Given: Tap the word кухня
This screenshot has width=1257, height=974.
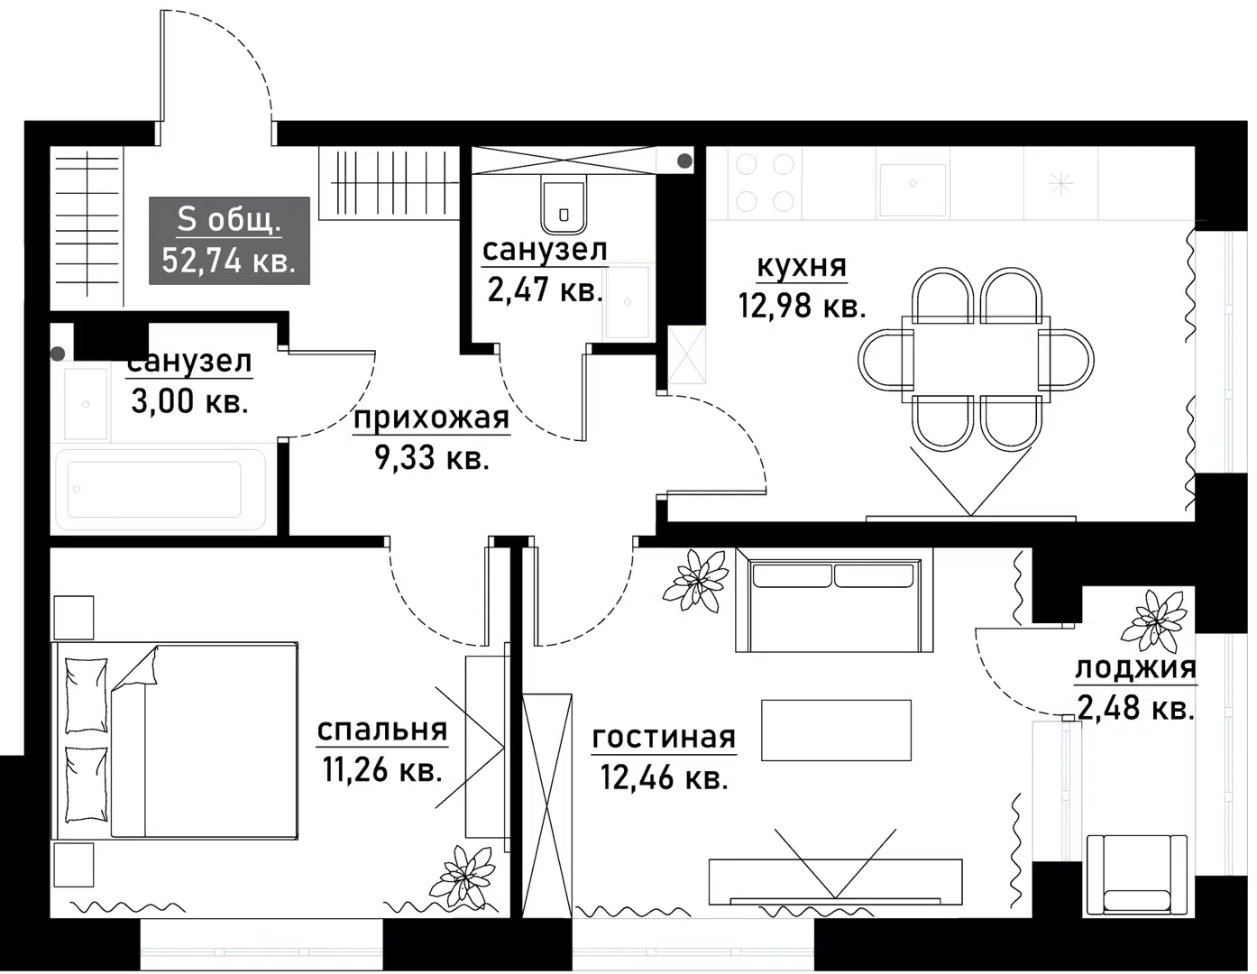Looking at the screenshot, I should tap(802, 267).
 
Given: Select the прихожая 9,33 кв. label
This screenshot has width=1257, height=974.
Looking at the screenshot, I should tap(431, 438).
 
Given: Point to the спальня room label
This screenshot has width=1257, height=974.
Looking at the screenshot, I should tap(382, 730).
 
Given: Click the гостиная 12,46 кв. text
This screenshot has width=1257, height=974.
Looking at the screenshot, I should tap(664, 757).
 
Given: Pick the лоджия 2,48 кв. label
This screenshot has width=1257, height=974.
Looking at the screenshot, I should tap(1135, 688).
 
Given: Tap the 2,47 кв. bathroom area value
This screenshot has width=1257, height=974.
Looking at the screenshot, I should tap(545, 290).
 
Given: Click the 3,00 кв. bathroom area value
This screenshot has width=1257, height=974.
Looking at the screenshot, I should tap(189, 401).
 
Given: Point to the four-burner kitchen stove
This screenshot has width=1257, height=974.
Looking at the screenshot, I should tap(765, 183).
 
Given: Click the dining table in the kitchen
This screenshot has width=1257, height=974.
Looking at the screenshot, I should tap(976, 359).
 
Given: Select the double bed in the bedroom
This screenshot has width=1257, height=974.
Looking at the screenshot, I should tap(175, 741).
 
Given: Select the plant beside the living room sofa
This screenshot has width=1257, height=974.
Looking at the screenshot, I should tap(695, 578).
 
